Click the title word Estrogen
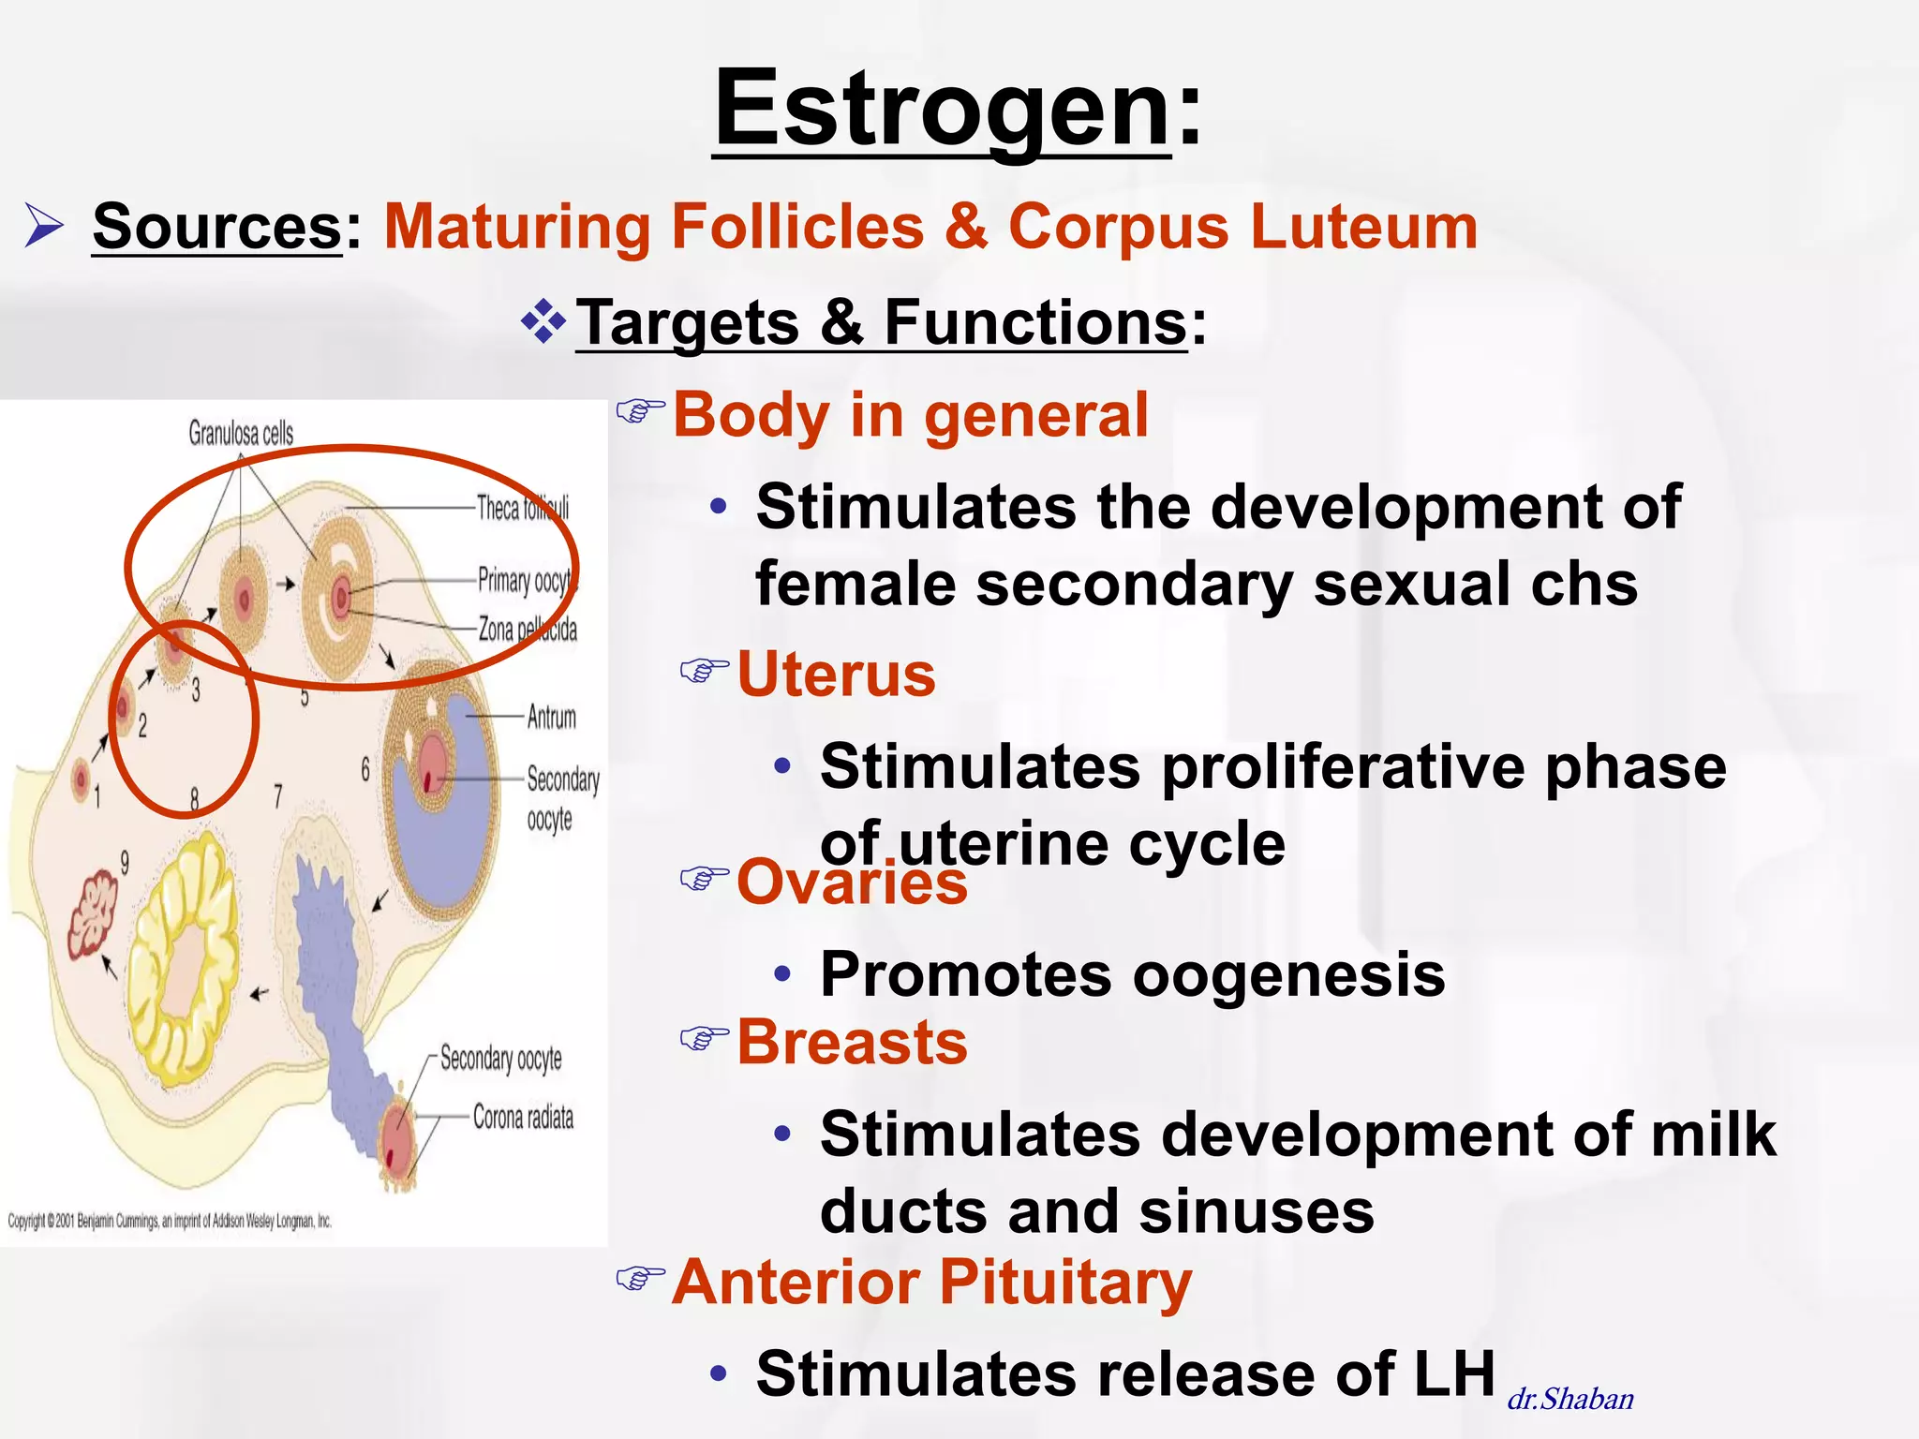942,111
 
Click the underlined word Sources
217,227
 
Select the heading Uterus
836,675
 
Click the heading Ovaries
851,883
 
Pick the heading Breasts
851,1042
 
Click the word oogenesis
1288,974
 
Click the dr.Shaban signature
1570,1399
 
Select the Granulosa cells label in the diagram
241,433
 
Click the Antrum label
551,718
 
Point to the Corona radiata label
523,1117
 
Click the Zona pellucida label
528,629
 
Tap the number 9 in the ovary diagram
125,862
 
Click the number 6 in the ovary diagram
365,770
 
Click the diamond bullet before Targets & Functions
543,323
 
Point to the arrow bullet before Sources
44,228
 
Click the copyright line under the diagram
170,1221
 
